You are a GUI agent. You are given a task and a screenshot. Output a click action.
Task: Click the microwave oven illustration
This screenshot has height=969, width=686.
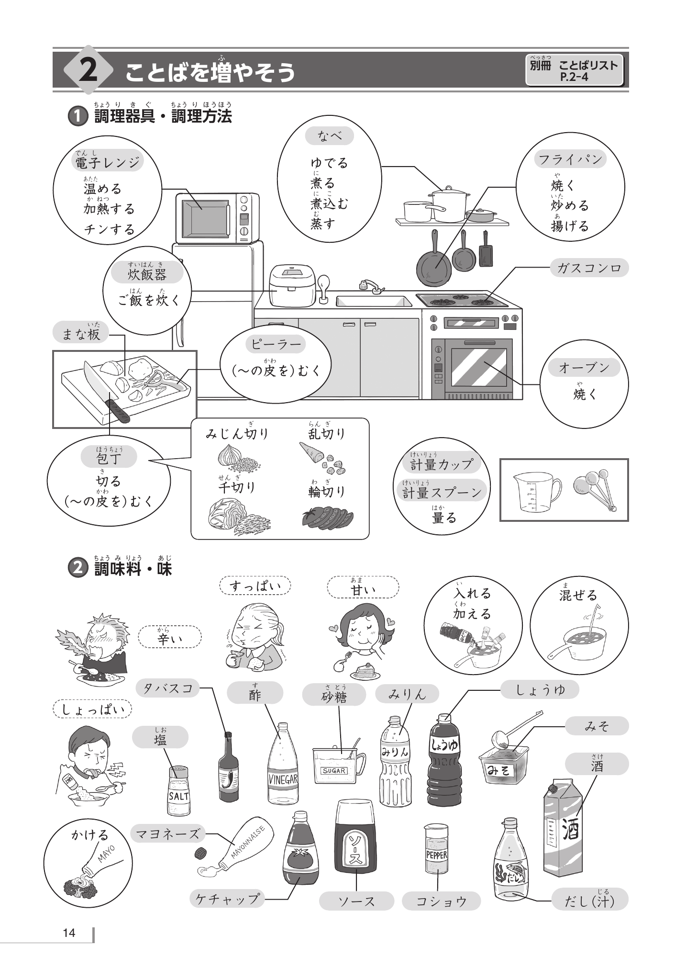(217, 218)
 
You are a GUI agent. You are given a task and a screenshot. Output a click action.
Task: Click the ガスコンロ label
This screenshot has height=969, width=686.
(589, 268)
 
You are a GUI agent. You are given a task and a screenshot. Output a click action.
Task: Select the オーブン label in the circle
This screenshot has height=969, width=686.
(584, 368)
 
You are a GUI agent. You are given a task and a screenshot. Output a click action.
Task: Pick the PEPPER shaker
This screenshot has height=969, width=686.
(436, 848)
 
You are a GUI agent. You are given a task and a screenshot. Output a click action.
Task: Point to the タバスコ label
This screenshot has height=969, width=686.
(168, 688)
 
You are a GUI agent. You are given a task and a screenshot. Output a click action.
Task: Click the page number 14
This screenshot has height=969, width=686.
(69, 933)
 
